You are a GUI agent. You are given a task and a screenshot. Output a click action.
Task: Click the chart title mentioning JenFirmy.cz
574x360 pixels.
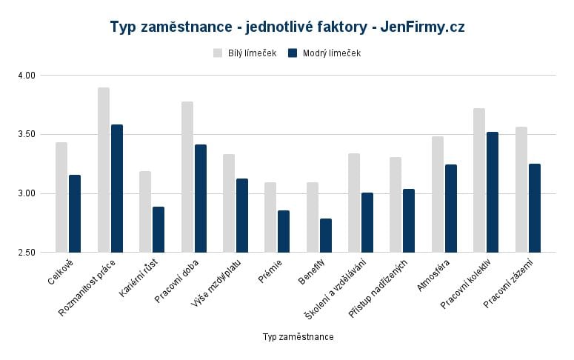coord(287,27)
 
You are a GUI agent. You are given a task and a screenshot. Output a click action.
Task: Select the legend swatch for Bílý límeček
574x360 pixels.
coord(218,53)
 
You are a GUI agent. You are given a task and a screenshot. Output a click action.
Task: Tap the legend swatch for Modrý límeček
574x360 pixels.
coord(293,53)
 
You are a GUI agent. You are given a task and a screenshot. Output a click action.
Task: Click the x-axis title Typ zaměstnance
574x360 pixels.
coord(298,337)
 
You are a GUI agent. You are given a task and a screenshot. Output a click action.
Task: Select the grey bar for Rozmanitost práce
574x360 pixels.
coord(104,170)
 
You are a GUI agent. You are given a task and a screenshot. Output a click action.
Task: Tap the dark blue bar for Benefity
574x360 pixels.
coord(326,236)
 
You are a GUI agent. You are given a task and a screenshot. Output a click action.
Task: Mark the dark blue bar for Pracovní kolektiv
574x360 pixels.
coord(493,192)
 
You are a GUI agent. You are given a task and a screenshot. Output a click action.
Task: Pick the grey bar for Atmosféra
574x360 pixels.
coord(438,194)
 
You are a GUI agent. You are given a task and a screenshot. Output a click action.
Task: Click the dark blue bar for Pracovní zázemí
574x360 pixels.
coord(535,208)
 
